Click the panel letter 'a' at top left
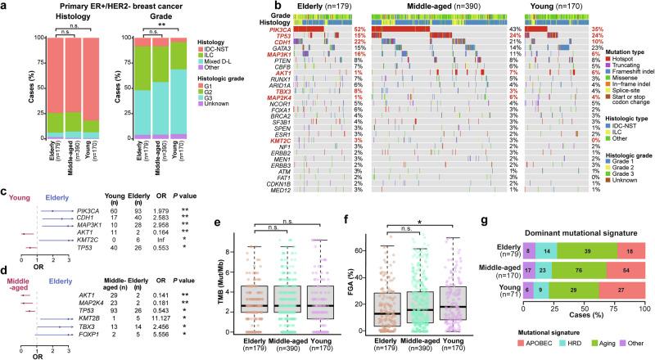pyautogui.click(x=4, y=6)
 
